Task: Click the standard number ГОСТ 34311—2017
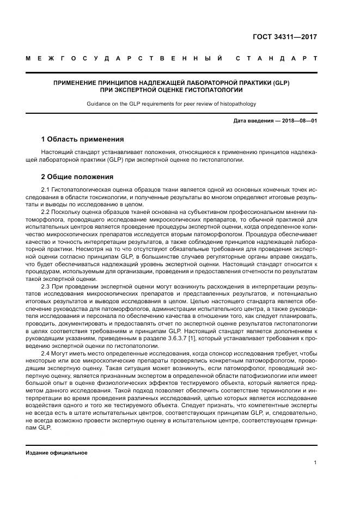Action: [284, 38]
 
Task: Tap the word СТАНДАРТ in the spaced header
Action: [276, 58]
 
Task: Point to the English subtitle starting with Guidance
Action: [172, 103]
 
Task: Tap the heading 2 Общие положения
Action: [77, 177]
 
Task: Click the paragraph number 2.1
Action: [46, 189]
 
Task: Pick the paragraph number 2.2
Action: [46, 210]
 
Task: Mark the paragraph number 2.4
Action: [46, 353]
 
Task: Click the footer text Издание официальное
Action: [56, 452]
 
